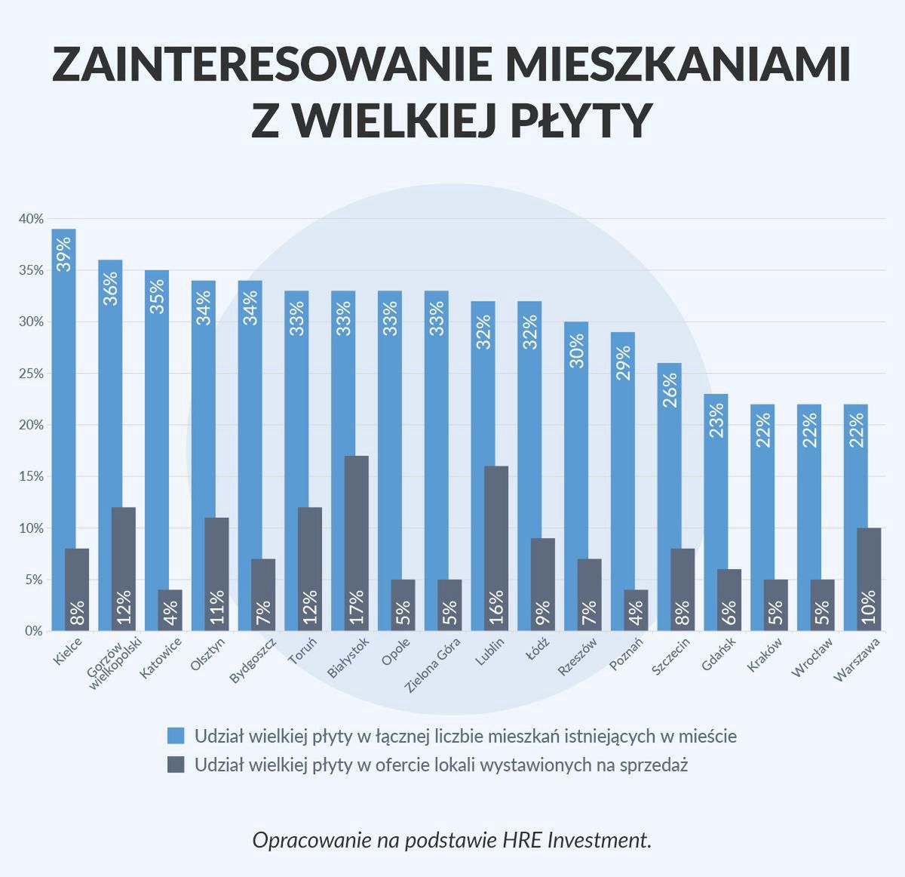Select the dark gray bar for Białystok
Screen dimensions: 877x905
tap(356, 543)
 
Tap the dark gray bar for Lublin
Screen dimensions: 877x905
tap(496, 548)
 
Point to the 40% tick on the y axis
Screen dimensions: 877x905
tap(32, 219)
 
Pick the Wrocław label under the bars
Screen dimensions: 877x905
tap(811, 657)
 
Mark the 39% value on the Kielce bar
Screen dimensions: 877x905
tap(63, 254)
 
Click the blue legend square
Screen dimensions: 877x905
tap(176, 736)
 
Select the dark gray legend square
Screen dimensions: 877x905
tap(176, 765)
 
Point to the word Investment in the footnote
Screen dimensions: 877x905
tap(597, 840)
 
